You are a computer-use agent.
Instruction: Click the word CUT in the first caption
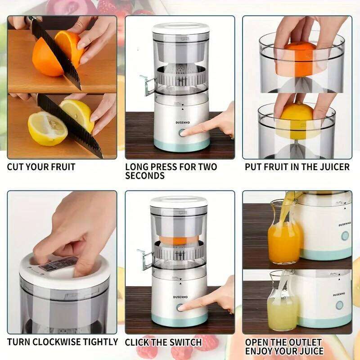pos(16,167)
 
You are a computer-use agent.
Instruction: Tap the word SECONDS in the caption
pos(144,176)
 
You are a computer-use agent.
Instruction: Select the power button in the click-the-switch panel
pos(180,307)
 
